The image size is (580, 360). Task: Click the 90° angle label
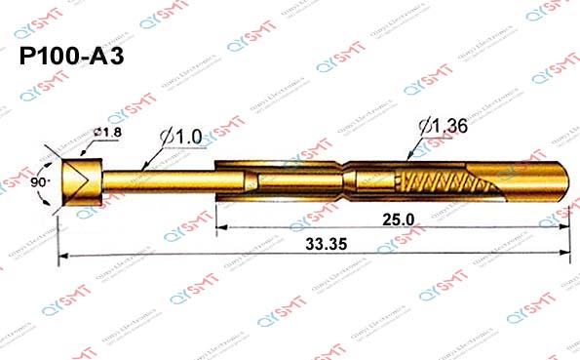(x=39, y=181)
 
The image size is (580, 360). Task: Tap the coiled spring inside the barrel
(x=444, y=182)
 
